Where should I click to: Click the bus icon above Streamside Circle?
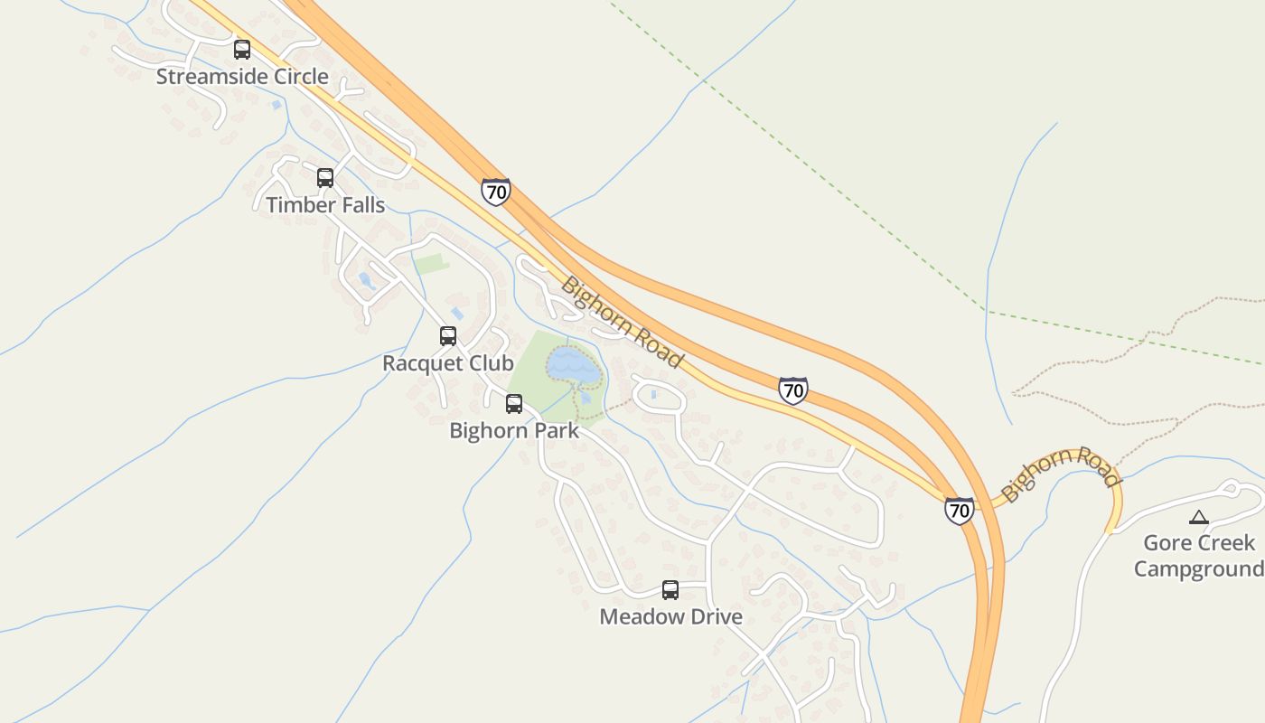pyautogui.click(x=242, y=50)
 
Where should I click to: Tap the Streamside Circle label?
pyautogui.click(x=242, y=77)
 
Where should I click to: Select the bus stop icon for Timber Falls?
pyautogui.click(x=325, y=178)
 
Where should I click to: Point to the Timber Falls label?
pyautogui.click(x=325, y=205)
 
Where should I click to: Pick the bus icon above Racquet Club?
pyautogui.click(x=448, y=336)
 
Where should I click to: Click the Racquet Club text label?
pyautogui.click(x=448, y=363)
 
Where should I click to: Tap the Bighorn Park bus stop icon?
pyautogui.click(x=514, y=404)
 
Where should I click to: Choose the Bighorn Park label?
pyautogui.click(x=514, y=431)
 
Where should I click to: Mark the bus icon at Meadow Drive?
pyautogui.click(x=670, y=590)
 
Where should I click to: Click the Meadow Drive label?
pyautogui.click(x=670, y=617)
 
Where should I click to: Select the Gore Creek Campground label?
pyautogui.click(x=1199, y=556)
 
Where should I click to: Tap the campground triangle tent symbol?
pyautogui.click(x=1199, y=518)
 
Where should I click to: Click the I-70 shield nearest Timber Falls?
pyautogui.click(x=495, y=192)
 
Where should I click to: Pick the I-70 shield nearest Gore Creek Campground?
pyautogui.click(x=960, y=511)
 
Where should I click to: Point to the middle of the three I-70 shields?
pyautogui.click(x=792, y=390)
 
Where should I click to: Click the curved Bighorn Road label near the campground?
pyautogui.click(x=1061, y=472)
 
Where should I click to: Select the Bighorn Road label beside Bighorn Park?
pyautogui.click(x=622, y=322)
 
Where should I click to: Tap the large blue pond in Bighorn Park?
pyautogui.click(x=573, y=366)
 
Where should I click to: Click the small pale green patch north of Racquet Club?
pyautogui.click(x=431, y=265)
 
